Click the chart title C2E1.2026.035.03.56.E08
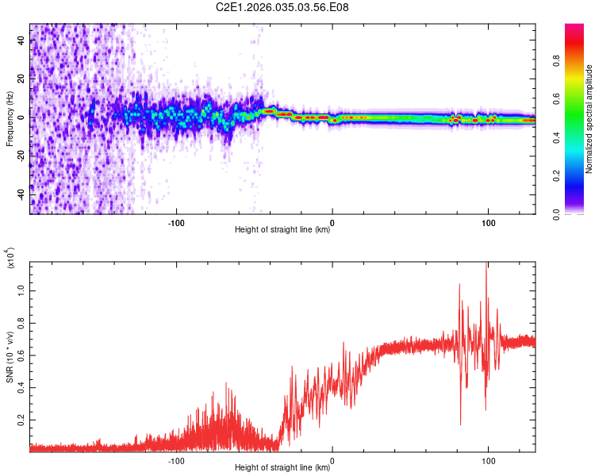point(282,7)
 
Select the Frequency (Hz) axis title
point(10,119)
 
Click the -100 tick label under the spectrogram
point(176,221)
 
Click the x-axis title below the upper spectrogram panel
point(282,231)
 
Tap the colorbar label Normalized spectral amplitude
point(589,119)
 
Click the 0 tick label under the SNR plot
point(332,459)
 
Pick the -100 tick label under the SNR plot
point(176,459)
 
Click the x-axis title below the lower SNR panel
point(282,469)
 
